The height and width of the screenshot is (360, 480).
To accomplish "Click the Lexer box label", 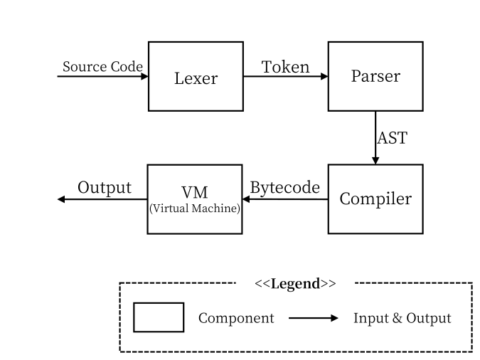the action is (x=196, y=78).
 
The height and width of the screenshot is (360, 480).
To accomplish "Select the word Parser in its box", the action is (x=375, y=76).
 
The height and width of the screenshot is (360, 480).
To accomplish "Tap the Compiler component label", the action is (x=375, y=199).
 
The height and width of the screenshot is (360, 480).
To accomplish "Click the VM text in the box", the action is (x=195, y=192).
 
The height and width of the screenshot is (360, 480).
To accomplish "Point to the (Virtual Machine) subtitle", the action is (x=195, y=208).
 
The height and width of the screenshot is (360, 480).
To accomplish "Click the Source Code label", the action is (x=102, y=66).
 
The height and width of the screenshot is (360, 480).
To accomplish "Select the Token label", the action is (x=285, y=67).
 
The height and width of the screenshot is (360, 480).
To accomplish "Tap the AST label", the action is (x=392, y=138).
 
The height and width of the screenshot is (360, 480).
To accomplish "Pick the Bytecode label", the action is (x=285, y=188).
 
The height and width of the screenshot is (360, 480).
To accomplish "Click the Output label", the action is (x=105, y=188).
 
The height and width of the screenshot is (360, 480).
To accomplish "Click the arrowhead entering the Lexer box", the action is (x=144, y=76).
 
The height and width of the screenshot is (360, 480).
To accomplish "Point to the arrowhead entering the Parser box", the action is (x=324, y=76).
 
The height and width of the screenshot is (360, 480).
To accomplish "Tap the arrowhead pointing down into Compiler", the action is (x=375, y=161).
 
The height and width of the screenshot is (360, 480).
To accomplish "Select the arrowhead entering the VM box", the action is (x=246, y=199).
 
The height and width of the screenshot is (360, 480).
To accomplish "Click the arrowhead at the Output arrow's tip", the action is (x=61, y=199).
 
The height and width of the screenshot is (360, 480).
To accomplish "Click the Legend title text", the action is (x=295, y=284).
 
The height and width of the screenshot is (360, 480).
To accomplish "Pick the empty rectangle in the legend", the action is (x=159, y=317).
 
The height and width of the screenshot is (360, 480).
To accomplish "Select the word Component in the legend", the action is (x=236, y=318).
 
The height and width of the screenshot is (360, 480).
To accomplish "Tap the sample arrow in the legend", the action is (x=314, y=318).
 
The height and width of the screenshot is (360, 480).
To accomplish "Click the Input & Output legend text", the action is (x=402, y=318).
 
